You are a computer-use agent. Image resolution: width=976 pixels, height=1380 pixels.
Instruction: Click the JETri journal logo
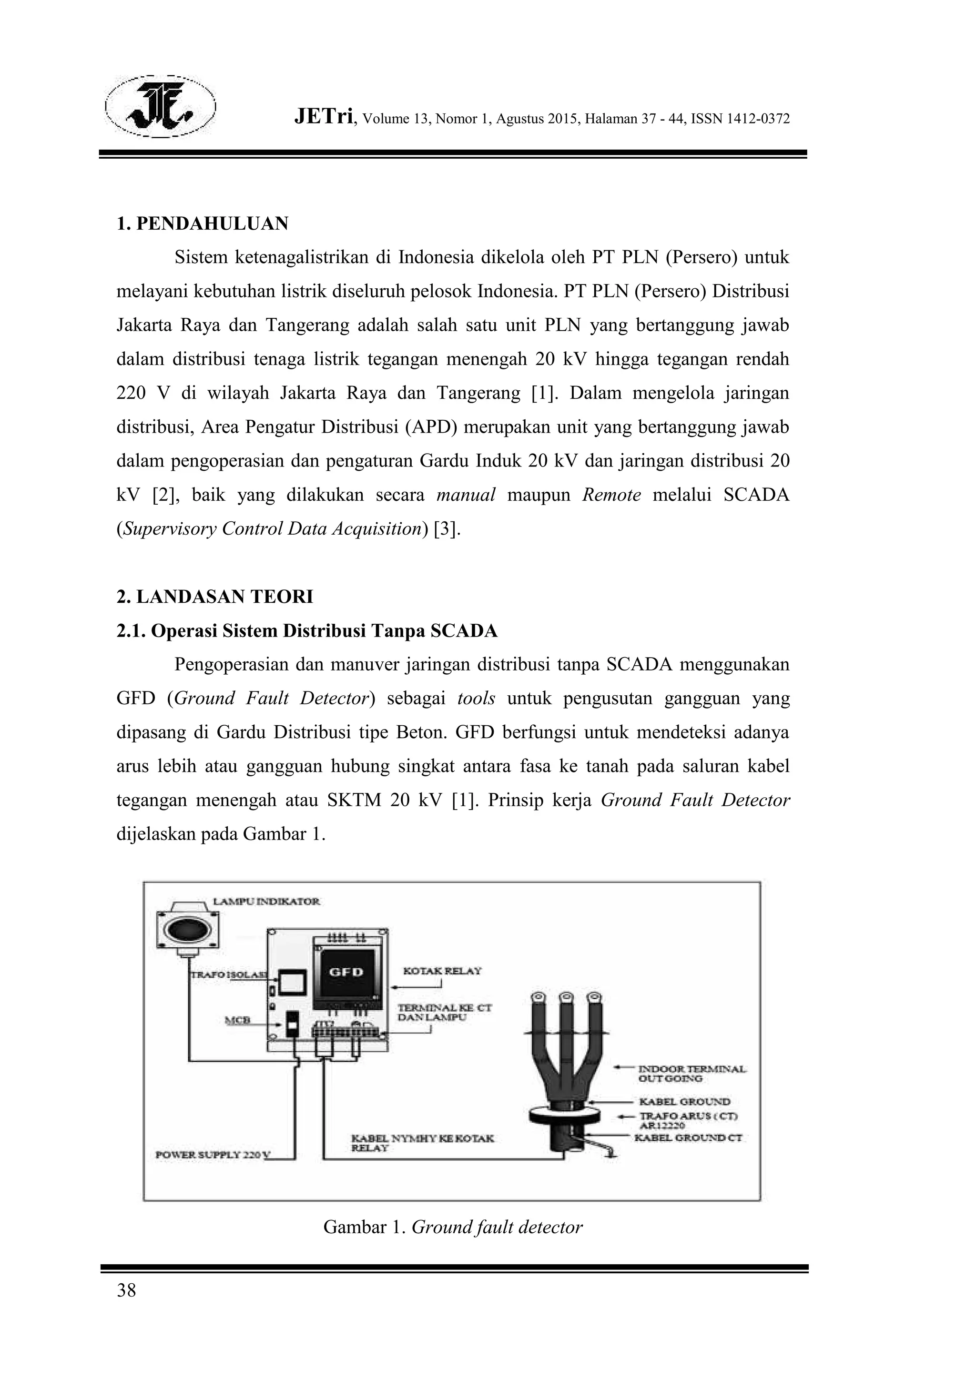point(161,106)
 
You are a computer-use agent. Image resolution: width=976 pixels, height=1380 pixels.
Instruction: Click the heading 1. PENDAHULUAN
point(202,223)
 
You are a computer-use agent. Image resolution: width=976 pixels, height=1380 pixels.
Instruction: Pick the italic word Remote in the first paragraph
point(611,495)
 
